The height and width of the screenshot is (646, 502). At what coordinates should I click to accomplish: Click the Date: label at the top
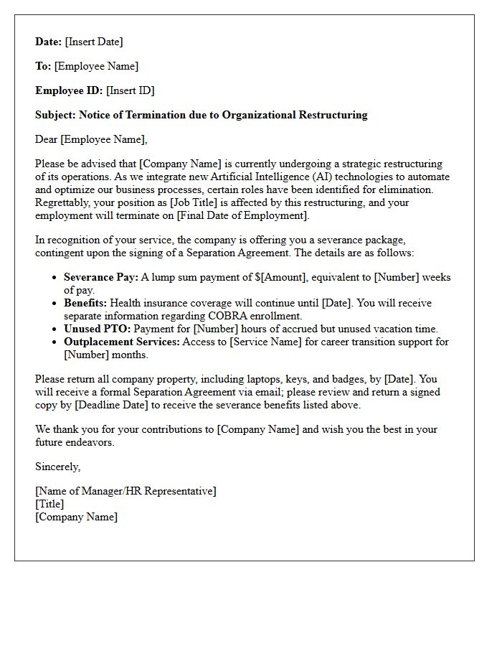pos(49,42)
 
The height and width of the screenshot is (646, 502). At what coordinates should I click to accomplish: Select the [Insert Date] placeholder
pos(94,42)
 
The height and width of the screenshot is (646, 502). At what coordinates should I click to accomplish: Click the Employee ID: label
pos(69,90)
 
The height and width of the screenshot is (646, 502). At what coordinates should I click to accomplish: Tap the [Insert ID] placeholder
pos(130,90)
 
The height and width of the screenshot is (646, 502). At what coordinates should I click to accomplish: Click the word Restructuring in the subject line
pos(333,115)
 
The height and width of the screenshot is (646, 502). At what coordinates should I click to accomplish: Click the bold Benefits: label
pos(85,303)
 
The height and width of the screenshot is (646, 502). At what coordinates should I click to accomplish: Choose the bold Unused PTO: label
pos(94,329)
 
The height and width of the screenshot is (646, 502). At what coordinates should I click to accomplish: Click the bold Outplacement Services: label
pos(122,342)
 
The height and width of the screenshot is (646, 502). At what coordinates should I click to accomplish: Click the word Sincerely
pos(58,467)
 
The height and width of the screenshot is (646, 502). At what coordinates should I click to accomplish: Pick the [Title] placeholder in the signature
pos(49,504)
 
